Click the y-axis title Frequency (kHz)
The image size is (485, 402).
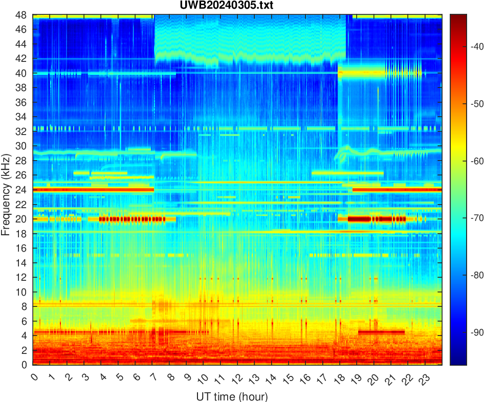pos(6,190)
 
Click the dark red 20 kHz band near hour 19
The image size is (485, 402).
pos(358,219)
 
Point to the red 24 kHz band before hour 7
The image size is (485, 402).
pos(92,190)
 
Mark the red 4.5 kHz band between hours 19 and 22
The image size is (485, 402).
pos(381,332)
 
